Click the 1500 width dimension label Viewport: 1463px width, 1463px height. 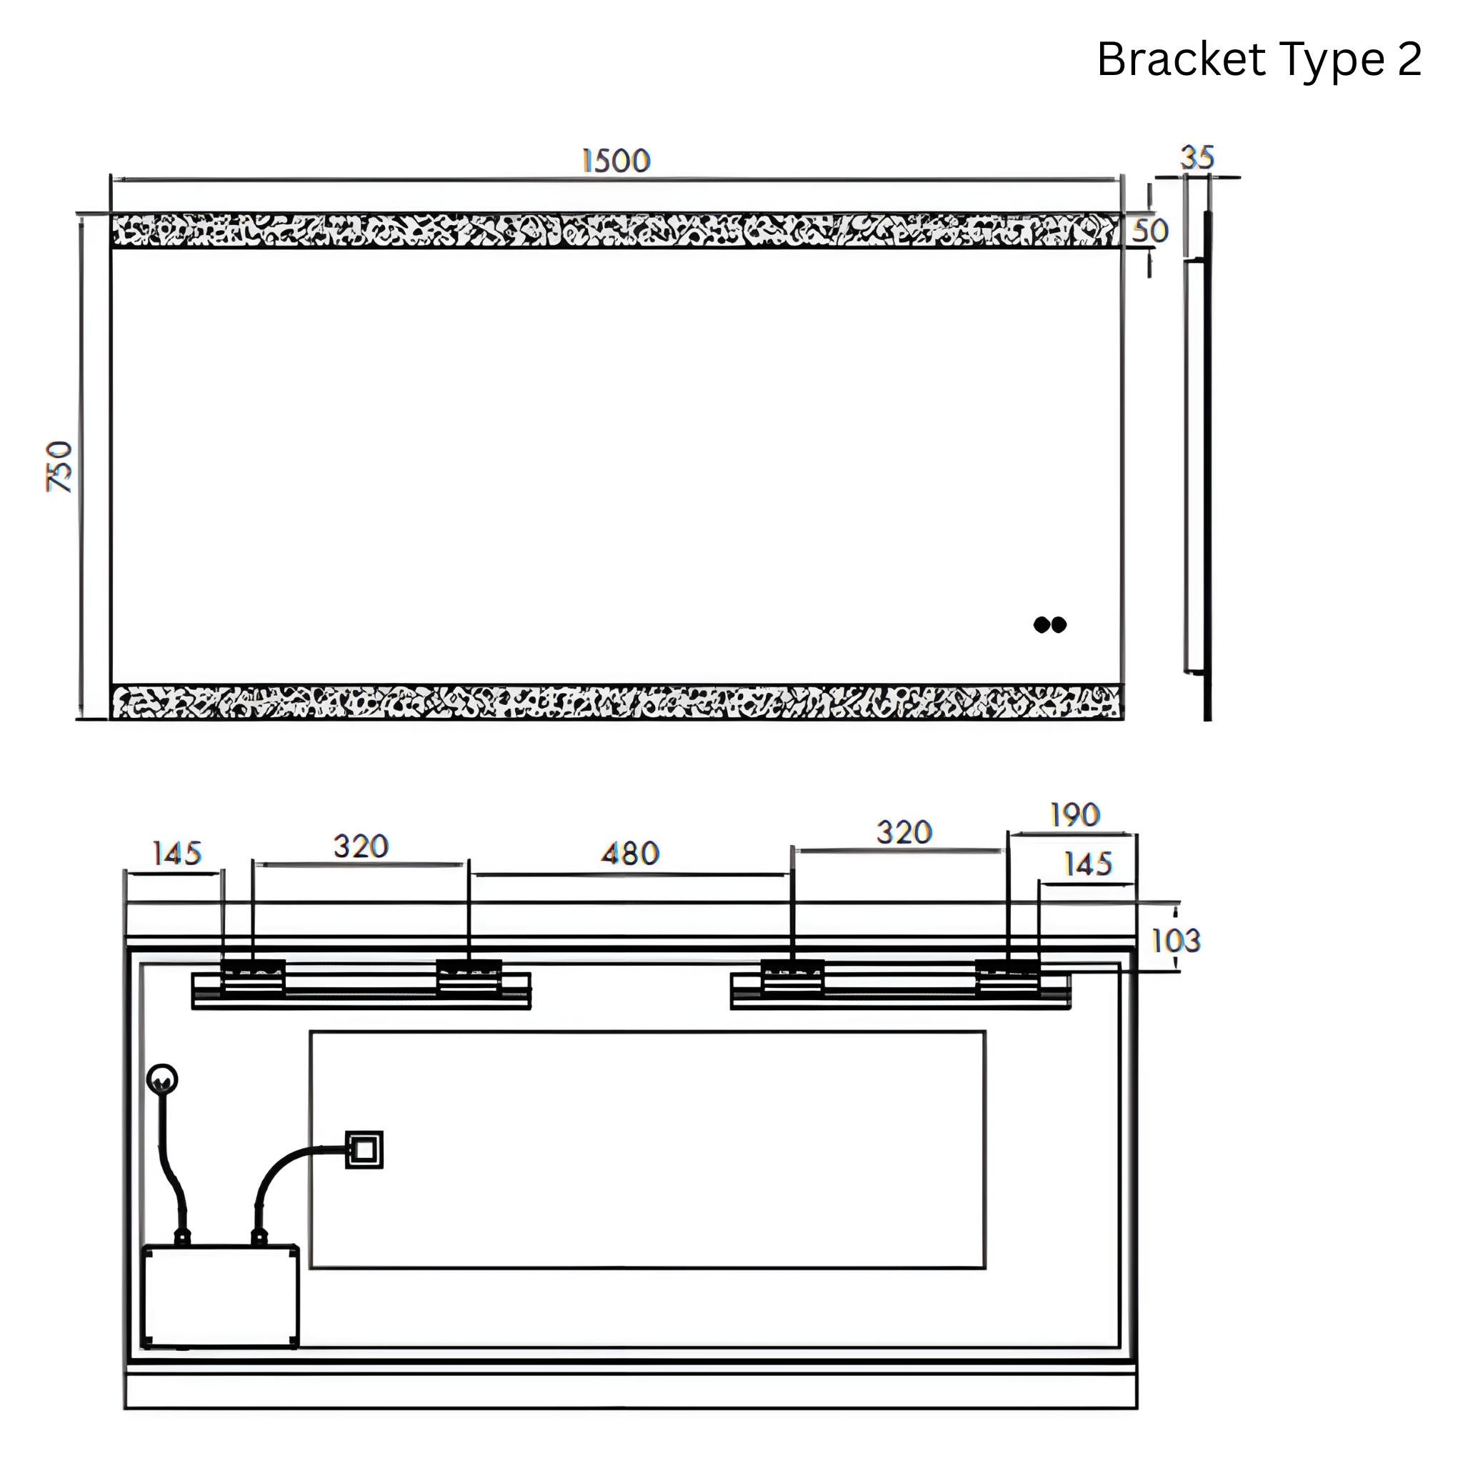click(616, 161)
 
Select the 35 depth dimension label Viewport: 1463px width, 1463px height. click(1197, 157)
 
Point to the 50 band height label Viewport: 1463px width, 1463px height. click(1149, 231)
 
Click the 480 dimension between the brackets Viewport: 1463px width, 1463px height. click(630, 854)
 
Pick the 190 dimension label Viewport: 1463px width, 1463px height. click(1074, 815)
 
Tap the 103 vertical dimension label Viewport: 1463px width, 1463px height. click(1175, 941)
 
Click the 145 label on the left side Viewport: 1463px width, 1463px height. click(176, 854)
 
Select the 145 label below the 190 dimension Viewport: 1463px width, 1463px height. click(1087, 863)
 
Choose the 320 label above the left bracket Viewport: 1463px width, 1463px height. click(361, 846)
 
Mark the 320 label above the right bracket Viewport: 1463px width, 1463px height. click(904, 832)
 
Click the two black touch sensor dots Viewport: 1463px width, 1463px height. click(1049, 625)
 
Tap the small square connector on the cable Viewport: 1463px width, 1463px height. click(364, 1149)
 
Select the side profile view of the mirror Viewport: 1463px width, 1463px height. click(1199, 466)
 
